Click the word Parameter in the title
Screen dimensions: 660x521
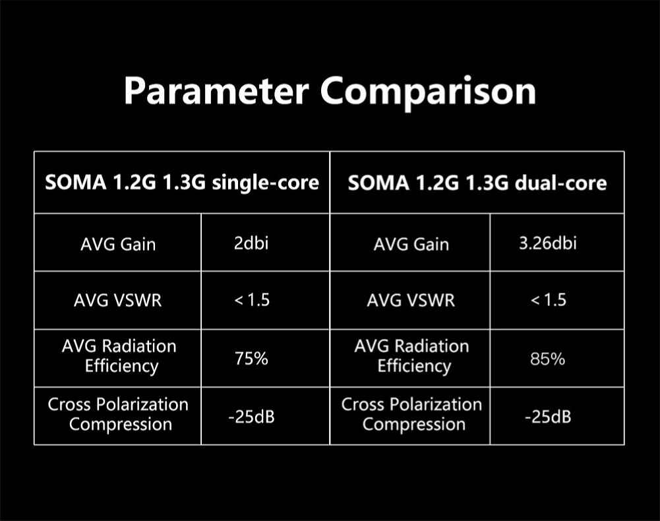[216, 91]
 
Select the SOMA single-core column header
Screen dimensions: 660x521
[182, 183]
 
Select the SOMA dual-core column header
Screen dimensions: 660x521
[477, 183]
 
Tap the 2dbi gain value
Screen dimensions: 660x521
[251, 243]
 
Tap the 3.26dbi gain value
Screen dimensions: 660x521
[548, 243]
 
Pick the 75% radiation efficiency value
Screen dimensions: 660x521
[251, 359]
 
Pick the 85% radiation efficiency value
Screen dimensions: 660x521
[548, 359]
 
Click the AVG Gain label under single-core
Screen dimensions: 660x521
[118, 244]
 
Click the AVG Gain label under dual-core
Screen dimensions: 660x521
[411, 244]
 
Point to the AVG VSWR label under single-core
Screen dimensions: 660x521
[117, 300]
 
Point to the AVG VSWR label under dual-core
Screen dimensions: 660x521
[411, 300]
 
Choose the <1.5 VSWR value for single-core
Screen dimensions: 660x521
[252, 300]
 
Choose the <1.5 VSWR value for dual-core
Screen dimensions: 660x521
[549, 300]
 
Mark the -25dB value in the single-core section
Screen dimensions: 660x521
[251, 417]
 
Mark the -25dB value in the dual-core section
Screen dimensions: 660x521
[548, 417]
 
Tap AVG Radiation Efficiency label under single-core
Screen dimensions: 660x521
[119, 356]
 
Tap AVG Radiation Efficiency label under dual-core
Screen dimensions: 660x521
[411, 356]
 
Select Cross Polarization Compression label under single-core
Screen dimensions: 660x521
[118, 414]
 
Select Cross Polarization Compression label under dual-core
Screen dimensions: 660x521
[411, 414]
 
